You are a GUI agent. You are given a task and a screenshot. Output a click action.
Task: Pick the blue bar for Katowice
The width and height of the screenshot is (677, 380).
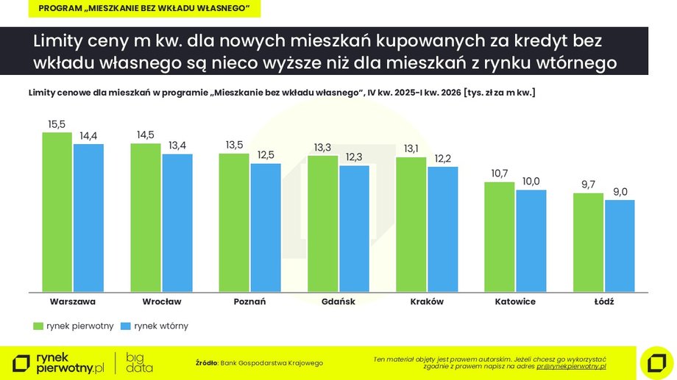pos(531,240)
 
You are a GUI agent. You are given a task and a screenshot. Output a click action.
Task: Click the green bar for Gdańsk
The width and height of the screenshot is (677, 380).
pos(322,223)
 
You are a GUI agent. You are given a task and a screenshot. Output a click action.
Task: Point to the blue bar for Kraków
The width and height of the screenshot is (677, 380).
pos(442,229)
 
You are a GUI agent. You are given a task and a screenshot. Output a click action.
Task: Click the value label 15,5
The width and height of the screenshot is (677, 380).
pos(57,125)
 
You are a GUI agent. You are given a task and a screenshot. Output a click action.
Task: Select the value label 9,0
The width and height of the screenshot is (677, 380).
pos(619,193)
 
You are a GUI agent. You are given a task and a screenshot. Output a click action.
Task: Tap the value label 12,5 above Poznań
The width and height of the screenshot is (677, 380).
pos(266,155)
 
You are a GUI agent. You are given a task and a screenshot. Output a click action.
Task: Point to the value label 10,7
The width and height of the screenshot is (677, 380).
pos(499,173)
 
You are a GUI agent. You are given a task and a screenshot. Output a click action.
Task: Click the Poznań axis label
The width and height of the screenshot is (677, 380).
pos(249,301)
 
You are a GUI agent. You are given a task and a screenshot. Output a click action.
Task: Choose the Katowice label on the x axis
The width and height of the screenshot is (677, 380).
pos(515,301)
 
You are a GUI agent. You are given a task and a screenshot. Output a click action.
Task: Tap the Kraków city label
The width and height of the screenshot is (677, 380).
pos(427,301)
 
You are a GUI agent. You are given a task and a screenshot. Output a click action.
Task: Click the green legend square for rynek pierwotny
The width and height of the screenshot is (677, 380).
pos(37,325)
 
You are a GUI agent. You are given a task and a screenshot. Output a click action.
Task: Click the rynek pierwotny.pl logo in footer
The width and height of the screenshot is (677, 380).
pos(59,362)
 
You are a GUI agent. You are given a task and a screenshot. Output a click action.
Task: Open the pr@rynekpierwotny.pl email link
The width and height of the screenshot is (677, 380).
pos(570,366)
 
